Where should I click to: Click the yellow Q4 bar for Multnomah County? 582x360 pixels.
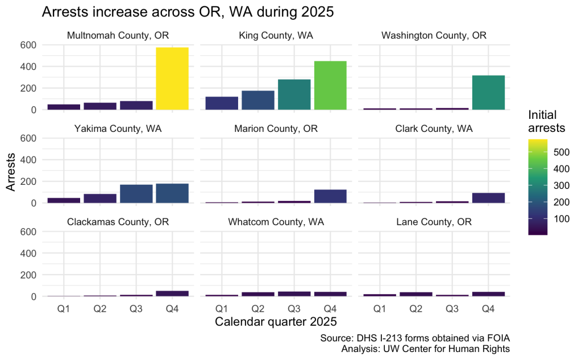pos(172,78)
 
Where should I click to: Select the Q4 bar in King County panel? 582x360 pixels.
pos(330,85)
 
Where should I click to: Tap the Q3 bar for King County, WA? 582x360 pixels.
pos(294,94)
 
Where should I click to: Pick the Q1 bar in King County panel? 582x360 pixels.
pos(222,103)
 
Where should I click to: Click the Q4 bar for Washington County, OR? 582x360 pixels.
pos(488,92)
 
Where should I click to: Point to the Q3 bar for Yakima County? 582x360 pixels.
pos(136,193)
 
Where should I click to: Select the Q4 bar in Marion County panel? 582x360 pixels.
pos(330,196)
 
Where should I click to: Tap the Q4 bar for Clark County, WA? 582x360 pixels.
pos(488,197)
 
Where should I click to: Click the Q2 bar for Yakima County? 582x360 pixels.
pos(100,198)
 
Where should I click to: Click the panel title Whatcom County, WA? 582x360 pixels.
pos(276,222)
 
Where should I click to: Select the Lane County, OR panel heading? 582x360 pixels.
pos(434,222)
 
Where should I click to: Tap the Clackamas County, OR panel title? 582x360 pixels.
pos(118,222)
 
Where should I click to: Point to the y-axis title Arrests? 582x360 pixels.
pos(11,171)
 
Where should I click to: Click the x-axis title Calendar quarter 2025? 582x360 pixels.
pos(276,322)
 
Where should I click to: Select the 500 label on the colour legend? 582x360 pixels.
pos(560,152)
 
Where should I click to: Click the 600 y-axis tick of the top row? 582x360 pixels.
pos(28,44)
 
